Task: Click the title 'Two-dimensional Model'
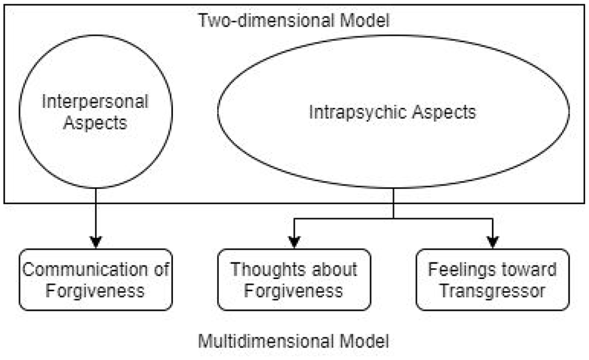294,20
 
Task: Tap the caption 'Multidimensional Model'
294,341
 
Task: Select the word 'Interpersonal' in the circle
96,102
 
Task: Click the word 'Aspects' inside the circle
96,123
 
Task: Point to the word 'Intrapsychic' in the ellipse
357,112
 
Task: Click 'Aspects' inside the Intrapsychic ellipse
444,112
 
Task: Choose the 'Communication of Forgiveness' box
96,280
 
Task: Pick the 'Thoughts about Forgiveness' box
294,280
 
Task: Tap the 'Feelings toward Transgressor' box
493,280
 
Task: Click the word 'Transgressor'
493,291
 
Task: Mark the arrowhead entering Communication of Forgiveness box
96,243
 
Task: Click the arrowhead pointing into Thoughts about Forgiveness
294,243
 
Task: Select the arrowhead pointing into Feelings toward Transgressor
493,243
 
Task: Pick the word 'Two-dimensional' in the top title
266,20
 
